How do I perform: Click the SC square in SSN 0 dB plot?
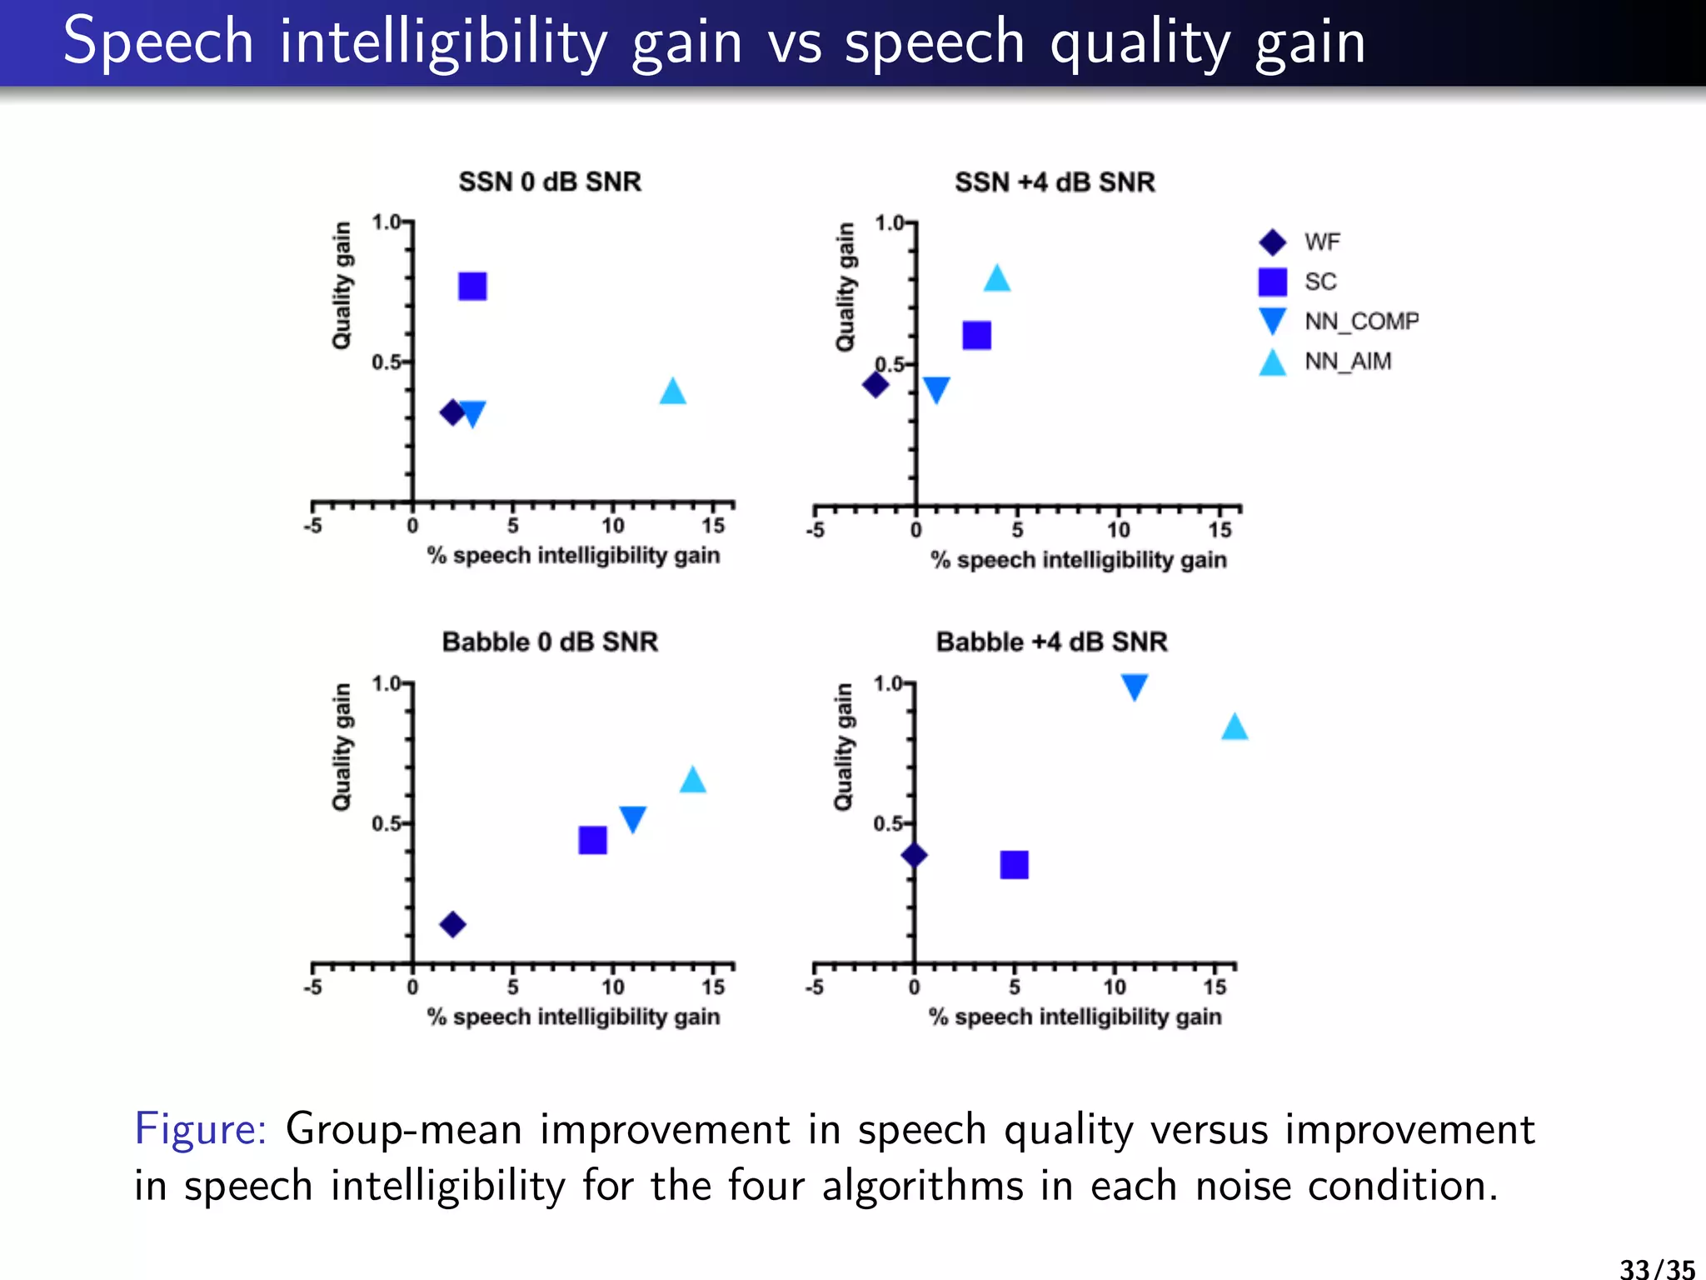tap(472, 287)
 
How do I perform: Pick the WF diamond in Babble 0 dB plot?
tap(452, 924)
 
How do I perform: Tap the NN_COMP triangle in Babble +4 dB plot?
tap(1134, 686)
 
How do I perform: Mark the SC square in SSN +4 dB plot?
tap(976, 336)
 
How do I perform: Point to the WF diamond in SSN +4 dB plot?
tap(875, 385)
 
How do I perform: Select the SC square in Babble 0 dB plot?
tap(592, 840)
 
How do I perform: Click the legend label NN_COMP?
tap(1361, 322)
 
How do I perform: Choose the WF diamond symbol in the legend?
tap(1272, 242)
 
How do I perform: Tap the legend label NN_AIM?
tap(1347, 362)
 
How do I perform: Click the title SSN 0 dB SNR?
tap(550, 182)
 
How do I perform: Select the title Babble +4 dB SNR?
tap(1051, 642)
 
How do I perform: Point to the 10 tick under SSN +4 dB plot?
tap(1118, 530)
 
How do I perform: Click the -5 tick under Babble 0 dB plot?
tap(312, 987)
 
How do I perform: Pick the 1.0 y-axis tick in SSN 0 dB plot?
tap(387, 222)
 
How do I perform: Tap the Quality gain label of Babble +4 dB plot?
tap(843, 747)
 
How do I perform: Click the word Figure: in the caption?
tap(200, 1130)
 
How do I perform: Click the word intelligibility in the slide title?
tap(443, 42)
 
